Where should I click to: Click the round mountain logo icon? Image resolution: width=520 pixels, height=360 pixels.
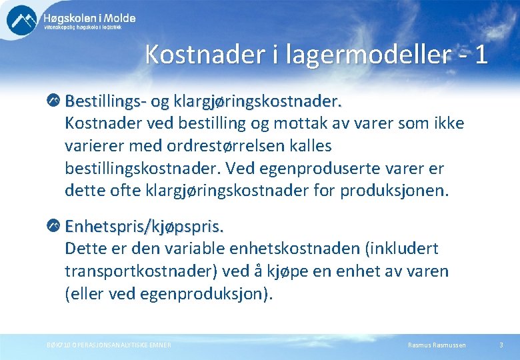coord(22,20)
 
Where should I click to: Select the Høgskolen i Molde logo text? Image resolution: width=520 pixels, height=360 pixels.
coord(89,19)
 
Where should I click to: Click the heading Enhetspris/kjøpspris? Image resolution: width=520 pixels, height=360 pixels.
coord(144,227)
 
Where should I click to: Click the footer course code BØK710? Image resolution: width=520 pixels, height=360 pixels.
coord(59,345)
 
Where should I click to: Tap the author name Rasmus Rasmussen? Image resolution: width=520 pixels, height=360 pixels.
coord(437,345)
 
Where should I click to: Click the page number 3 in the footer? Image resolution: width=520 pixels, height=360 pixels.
coord(501,345)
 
